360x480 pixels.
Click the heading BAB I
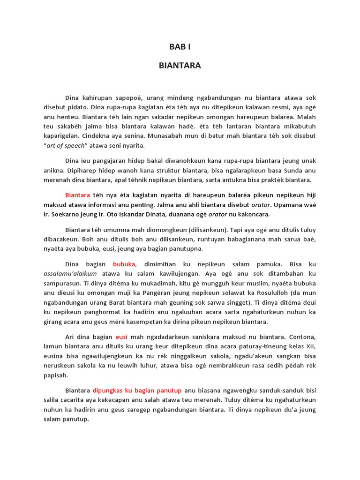pyautogui.click(x=180, y=47)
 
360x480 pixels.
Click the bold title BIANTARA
pyautogui.click(x=180, y=66)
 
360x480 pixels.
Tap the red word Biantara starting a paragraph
pyautogui.click(x=78, y=195)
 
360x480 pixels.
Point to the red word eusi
pyautogui.click(x=121, y=337)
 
